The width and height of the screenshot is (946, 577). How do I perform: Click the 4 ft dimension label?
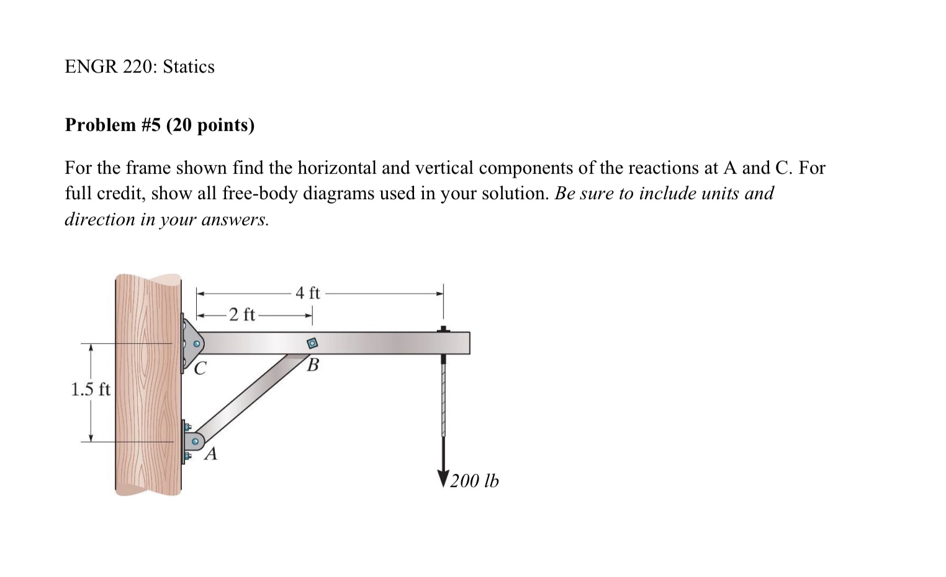coord(308,293)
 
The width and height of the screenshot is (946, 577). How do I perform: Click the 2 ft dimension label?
coord(241,315)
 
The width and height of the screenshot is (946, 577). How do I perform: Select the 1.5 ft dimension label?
coord(90,390)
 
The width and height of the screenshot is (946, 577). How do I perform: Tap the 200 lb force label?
coord(474,481)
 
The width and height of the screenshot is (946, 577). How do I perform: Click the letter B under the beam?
coord(313,365)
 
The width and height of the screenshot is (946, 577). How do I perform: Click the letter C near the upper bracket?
coord(199,369)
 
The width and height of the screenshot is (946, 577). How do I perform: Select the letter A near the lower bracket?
coord(211,454)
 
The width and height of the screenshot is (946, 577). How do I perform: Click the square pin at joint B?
coord(313,343)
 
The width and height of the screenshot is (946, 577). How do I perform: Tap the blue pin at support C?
coord(197,344)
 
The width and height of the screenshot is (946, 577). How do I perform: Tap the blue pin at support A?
coord(195,442)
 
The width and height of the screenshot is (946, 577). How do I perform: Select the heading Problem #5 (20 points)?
coord(160,125)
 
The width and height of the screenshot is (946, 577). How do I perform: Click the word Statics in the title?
coord(189,67)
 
